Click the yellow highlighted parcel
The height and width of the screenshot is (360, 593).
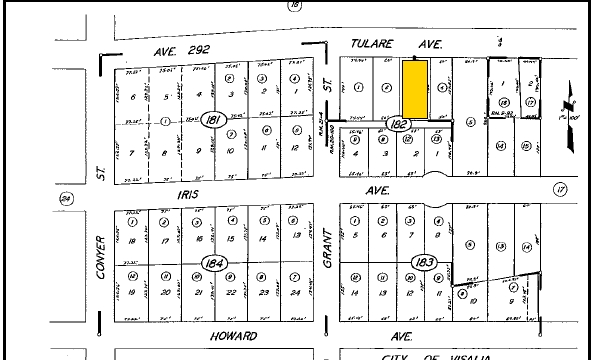414,86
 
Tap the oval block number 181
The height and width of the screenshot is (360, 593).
212,120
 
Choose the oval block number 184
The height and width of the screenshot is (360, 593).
212,262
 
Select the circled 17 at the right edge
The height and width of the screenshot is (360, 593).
560,188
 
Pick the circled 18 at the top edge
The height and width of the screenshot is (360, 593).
294,6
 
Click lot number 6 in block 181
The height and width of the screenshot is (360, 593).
133,95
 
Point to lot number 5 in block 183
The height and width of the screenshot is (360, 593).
357,236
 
